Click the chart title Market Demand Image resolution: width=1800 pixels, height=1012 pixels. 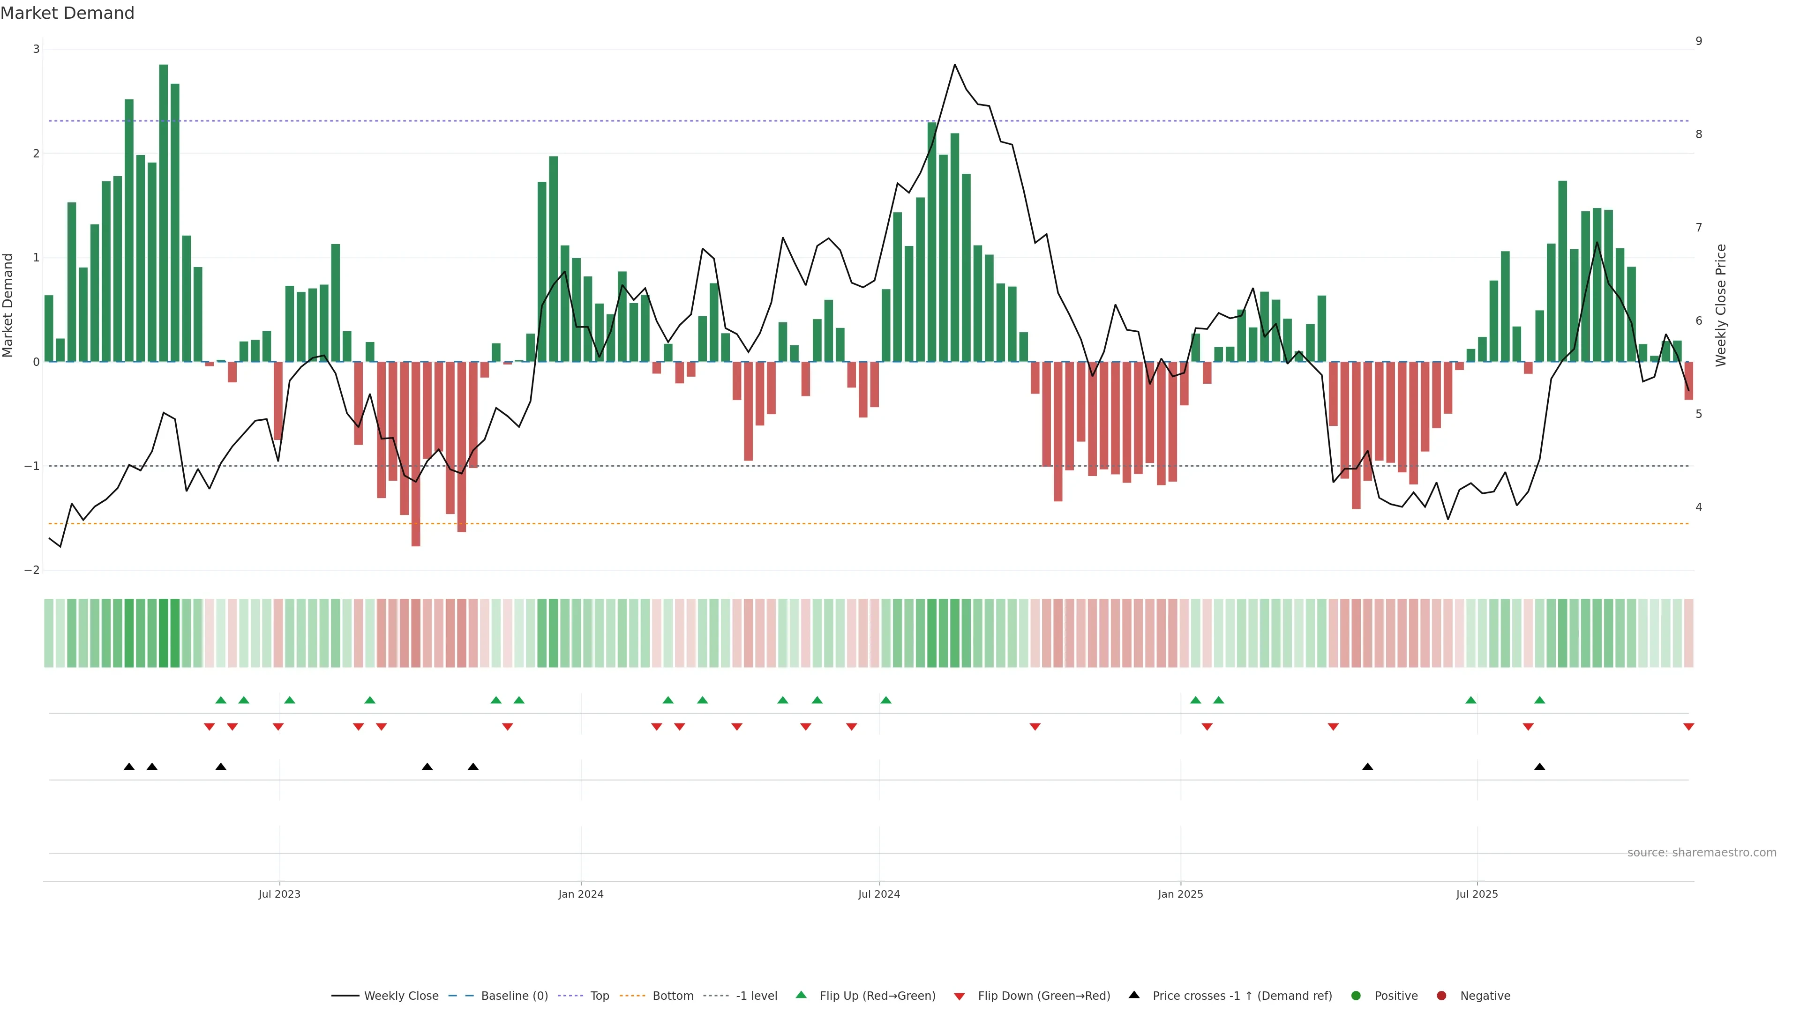click(67, 13)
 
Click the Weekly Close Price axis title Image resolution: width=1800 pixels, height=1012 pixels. click(1720, 305)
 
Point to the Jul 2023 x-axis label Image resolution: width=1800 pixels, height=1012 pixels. click(279, 894)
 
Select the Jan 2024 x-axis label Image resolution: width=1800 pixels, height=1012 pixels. click(581, 894)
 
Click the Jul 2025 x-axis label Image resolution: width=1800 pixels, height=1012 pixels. click(1477, 894)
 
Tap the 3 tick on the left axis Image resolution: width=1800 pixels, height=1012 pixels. click(37, 49)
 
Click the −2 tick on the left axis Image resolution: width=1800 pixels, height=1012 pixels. click(32, 570)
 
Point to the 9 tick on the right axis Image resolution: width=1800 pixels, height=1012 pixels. click(1699, 41)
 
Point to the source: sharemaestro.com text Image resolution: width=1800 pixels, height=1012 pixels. click(1702, 853)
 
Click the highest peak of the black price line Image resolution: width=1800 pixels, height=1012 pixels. click(954, 65)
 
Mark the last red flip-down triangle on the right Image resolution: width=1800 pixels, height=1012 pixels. click(1688, 727)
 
